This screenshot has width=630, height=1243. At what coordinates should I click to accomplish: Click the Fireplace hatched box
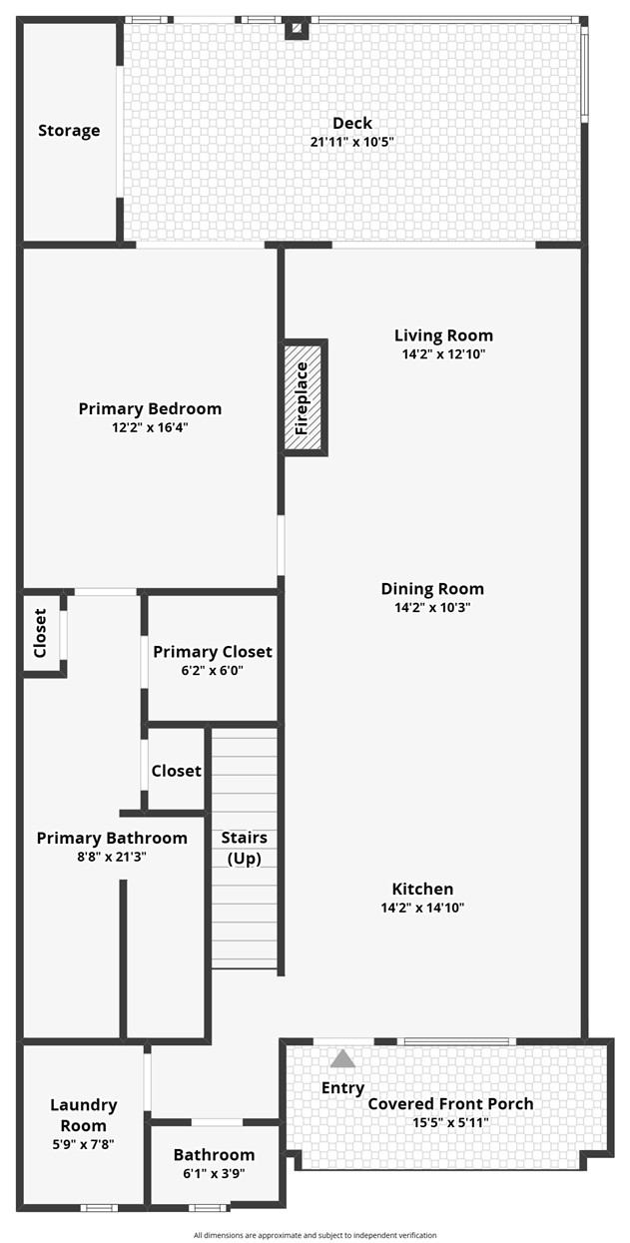point(304,398)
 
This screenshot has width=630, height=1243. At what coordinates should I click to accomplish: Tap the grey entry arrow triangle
point(342,1059)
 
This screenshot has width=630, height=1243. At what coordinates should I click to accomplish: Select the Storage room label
point(69,131)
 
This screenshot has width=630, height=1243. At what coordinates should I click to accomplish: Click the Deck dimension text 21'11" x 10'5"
point(351,142)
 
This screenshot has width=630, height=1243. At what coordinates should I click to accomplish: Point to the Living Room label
point(443,335)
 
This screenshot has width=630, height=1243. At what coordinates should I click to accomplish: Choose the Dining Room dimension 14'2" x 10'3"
point(431,607)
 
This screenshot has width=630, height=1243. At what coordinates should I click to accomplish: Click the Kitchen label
point(422,889)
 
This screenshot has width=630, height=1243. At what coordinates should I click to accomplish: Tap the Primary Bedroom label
point(150,408)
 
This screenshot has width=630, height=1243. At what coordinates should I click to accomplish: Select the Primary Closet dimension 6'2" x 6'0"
point(212,670)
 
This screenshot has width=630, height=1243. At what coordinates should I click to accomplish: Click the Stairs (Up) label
point(244,848)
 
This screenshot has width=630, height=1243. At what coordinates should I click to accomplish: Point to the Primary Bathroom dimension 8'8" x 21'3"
point(112,856)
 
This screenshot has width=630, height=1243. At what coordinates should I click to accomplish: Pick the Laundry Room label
point(84,1115)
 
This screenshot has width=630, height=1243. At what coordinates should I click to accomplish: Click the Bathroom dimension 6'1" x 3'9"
point(214,1173)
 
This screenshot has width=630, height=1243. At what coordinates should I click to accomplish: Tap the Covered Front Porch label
point(450,1103)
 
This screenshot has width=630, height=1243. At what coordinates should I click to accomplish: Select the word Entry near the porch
point(342,1087)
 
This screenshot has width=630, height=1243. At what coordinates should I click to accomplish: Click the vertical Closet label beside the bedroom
point(41,633)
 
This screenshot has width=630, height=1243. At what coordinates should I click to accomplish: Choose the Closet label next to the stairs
point(176,771)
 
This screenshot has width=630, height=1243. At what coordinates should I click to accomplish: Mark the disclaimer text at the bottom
point(315,1235)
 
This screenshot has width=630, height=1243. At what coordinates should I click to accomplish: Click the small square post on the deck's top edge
point(296,29)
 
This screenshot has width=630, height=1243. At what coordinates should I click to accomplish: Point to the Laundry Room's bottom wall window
point(99,1208)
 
